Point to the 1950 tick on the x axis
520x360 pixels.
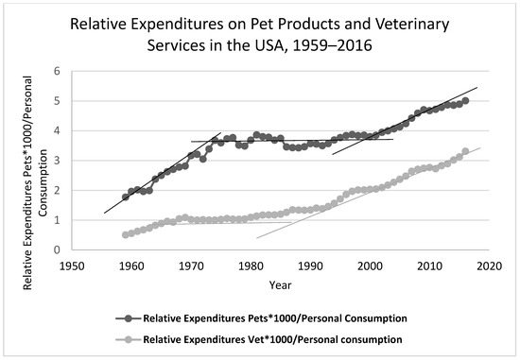coord(71,266)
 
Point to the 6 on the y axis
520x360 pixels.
coord(58,71)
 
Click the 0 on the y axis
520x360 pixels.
coord(58,250)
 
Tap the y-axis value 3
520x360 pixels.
coord(58,161)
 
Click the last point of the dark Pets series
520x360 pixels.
coord(465,101)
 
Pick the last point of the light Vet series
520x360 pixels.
coord(465,151)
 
